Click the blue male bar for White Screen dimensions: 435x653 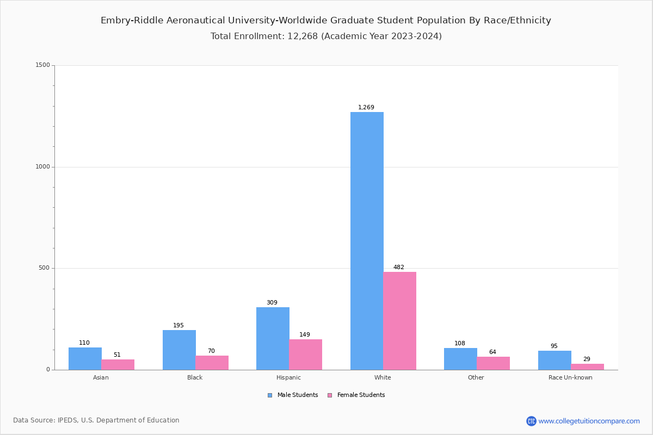pyautogui.click(x=367, y=240)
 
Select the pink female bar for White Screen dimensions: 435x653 pyautogui.click(x=399, y=321)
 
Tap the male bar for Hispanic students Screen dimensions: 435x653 pyautogui.click(x=273, y=338)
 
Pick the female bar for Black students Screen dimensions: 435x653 pyautogui.click(x=212, y=363)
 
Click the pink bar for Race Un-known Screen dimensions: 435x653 pyautogui.click(x=587, y=366)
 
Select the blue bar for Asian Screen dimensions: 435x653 pyautogui.click(x=85, y=358)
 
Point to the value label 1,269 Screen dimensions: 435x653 pyautogui.click(x=366, y=108)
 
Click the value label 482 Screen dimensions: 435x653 pyautogui.click(x=399, y=268)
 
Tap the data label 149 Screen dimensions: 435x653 pyautogui.click(x=305, y=335)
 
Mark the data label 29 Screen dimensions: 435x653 pyautogui.click(x=587, y=359)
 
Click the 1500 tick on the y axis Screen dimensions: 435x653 pyautogui.click(x=43, y=65)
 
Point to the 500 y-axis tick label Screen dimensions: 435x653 pyautogui.click(x=44, y=268)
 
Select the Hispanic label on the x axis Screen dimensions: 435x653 pyautogui.click(x=288, y=377)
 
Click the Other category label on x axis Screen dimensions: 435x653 pyautogui.click(x=476, y=377)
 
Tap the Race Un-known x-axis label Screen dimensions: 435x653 pyautogui.click(x=570, y=377)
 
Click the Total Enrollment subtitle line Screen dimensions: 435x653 pyautogui.click(x=326, y=36)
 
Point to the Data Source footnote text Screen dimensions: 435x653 pyautogui.click(x=96, y=420)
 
